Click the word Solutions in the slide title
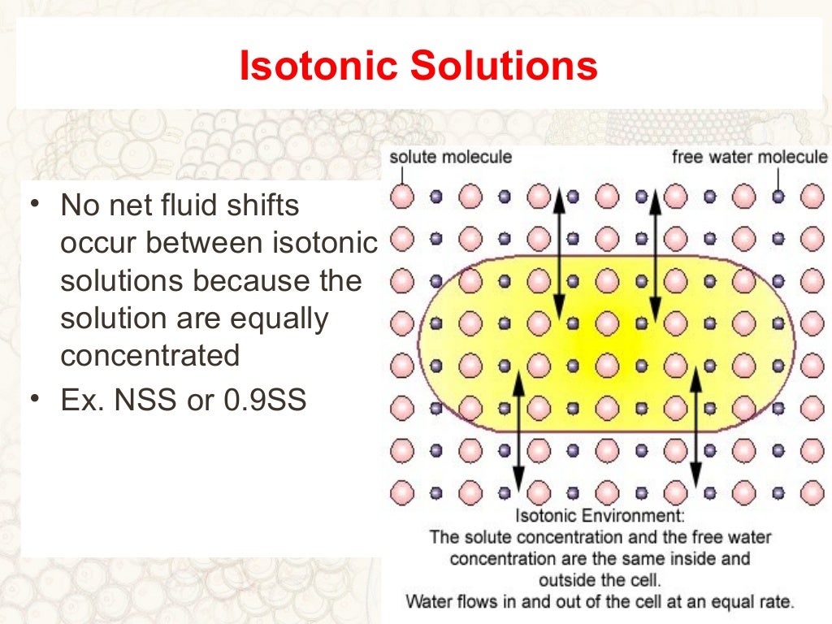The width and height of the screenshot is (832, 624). pos(503,67)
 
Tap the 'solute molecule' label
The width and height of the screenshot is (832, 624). pos(451,156)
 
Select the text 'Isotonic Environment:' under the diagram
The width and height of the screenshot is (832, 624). pos(599,516)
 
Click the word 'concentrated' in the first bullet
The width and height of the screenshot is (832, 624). pos(150,356)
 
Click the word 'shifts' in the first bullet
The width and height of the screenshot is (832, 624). pos(269,206)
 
